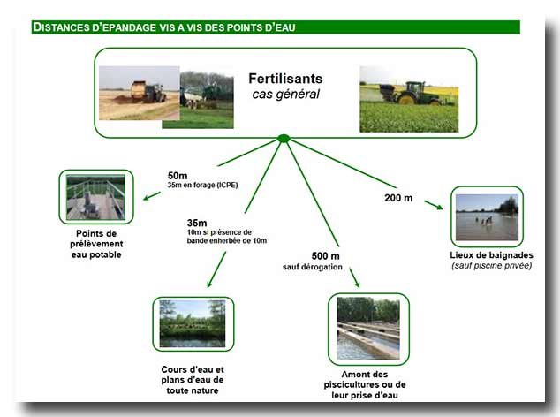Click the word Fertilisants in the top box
click(x=285, y=79)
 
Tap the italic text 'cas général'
click(x=285, y=95)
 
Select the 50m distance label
click(x=178, y=176)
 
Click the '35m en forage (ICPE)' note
click(x=202, y=186)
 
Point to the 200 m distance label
click(x=398, y=198)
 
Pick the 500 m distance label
click(x=325, y=256)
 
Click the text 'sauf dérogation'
click(x=313, y=267)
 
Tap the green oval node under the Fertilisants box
click(x=284, y=139)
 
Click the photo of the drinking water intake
click(x=95, y=197)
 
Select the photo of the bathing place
click(x=487, y=217)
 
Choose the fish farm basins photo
click(x=368, y=329)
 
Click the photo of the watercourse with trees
click(x=193, y=323)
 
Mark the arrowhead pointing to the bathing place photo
click(x=439, y=208)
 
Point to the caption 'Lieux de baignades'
click(x=491, y=255)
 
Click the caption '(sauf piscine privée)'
click(x=491, y=266)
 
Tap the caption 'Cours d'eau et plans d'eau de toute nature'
click(x=193, y=380)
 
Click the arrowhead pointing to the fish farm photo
click(x=356, y=284)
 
